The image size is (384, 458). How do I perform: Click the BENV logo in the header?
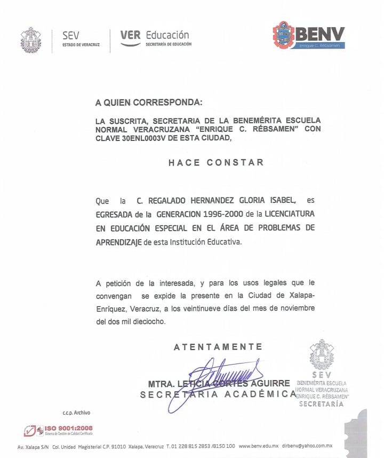[309, 36]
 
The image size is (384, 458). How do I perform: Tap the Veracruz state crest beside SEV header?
[30, 40]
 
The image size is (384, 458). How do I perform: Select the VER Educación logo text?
[155, 38]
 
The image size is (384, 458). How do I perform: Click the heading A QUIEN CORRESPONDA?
[149, 101]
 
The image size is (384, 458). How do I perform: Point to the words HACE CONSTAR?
[216, 162]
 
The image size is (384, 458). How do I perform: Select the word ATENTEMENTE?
[218, 347]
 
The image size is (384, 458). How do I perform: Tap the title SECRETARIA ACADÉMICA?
[218, 394]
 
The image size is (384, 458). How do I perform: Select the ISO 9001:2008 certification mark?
[58, 430]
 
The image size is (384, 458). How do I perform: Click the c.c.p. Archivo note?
[77, 413]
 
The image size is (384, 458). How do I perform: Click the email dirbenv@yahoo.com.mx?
[307, 446]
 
